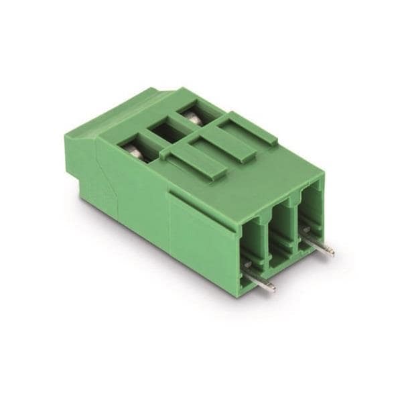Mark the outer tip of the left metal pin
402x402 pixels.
[x=273, y=288]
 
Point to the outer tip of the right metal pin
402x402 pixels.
[x=331, y=253]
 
